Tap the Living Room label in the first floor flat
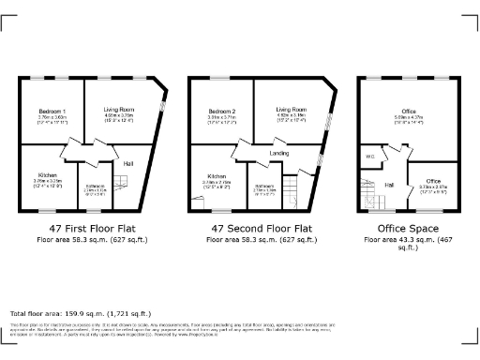(119, 110)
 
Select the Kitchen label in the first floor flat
(48, 175)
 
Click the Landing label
(278, 152)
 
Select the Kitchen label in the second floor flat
(217, 175)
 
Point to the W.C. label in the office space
(370, 157)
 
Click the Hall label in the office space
(389, 186)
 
